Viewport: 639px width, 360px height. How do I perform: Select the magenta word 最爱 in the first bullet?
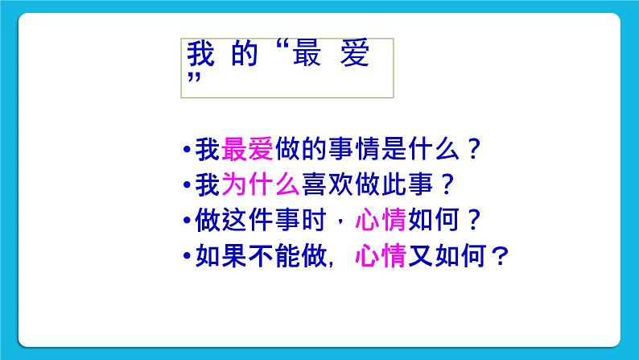[x=247, y=151]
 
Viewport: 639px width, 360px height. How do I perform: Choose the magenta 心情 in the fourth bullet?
[x=381, y=257]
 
